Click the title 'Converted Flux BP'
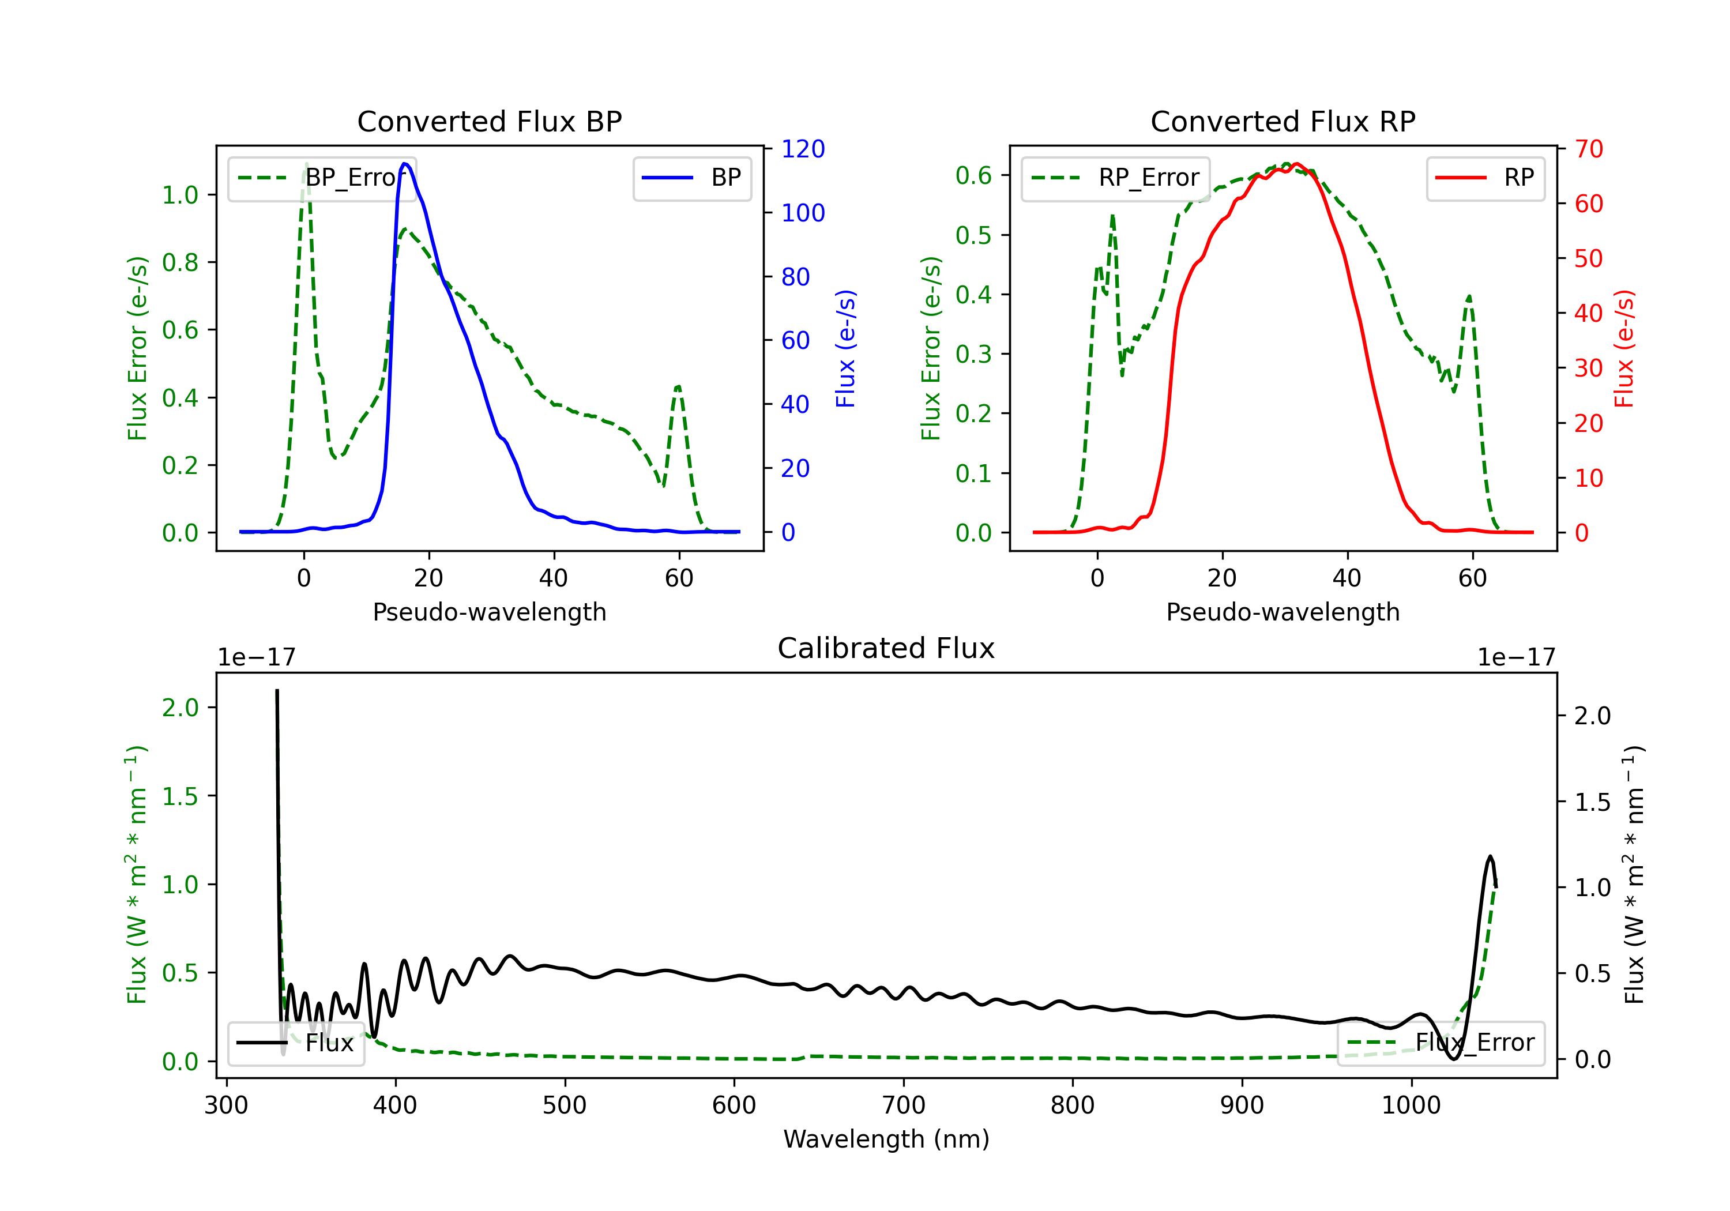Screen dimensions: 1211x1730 pos(489,121)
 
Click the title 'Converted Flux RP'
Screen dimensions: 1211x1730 pos(1283,121)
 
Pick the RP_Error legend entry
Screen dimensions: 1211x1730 pos(1116,178)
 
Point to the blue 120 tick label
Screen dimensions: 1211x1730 pos(803,149)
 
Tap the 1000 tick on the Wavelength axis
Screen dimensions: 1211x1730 pos(1411,1105)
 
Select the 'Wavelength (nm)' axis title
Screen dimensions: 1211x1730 pos(886,1139)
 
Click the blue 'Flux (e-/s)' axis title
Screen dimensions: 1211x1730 pos(846,348)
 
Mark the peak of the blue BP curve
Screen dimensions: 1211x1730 pos(405,164)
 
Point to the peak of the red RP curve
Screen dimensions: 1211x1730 pos(1296,164)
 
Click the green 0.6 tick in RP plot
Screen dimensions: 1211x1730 pos(973,175)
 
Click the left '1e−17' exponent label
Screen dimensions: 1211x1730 pos(256,657)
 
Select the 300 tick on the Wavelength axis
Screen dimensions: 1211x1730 pos(226,1105)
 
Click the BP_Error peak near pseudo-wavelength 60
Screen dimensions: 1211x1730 pos(678,386)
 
